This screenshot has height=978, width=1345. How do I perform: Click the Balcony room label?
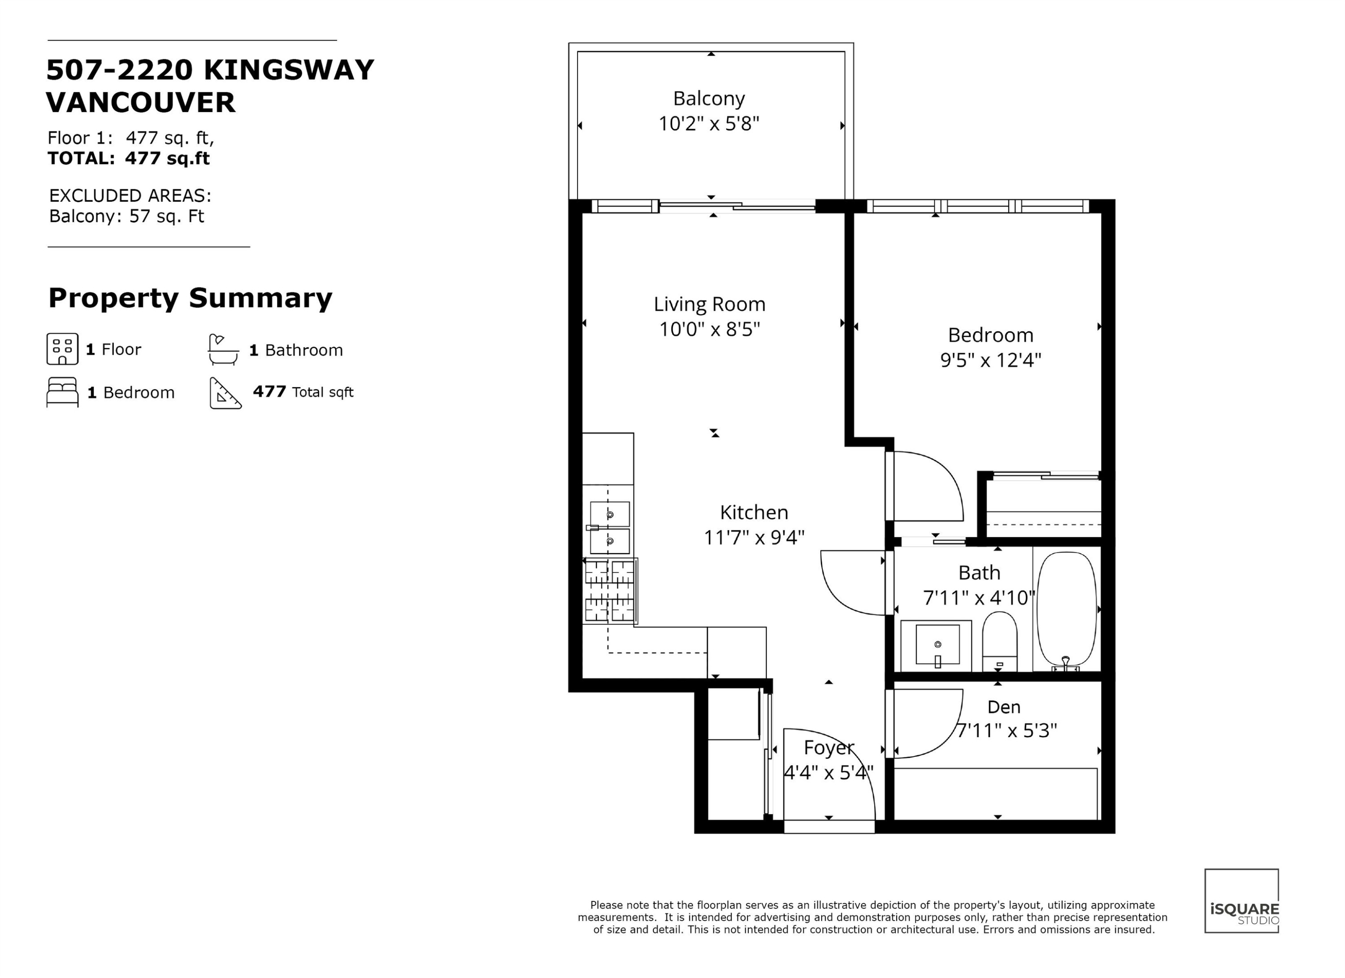(709, 99)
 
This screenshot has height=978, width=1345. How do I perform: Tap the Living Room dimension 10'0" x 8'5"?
(709, 329)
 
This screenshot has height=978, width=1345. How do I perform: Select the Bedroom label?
(990, 335)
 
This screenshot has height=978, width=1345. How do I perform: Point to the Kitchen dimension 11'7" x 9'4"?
(754, 537)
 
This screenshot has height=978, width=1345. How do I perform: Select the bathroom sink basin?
(937, 645)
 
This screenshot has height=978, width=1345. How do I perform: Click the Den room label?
(1003, 707)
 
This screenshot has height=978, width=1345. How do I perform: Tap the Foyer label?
(829, 748)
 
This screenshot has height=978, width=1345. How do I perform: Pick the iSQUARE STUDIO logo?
(1241, 901)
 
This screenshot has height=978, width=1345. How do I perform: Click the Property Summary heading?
(191, 298)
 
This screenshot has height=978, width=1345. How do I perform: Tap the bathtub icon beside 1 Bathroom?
(223, 349)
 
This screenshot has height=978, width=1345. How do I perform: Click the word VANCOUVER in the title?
(140, 103)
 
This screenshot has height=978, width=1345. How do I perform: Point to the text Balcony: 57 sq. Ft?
(126, 216)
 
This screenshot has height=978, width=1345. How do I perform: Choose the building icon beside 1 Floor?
(62, 349)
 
